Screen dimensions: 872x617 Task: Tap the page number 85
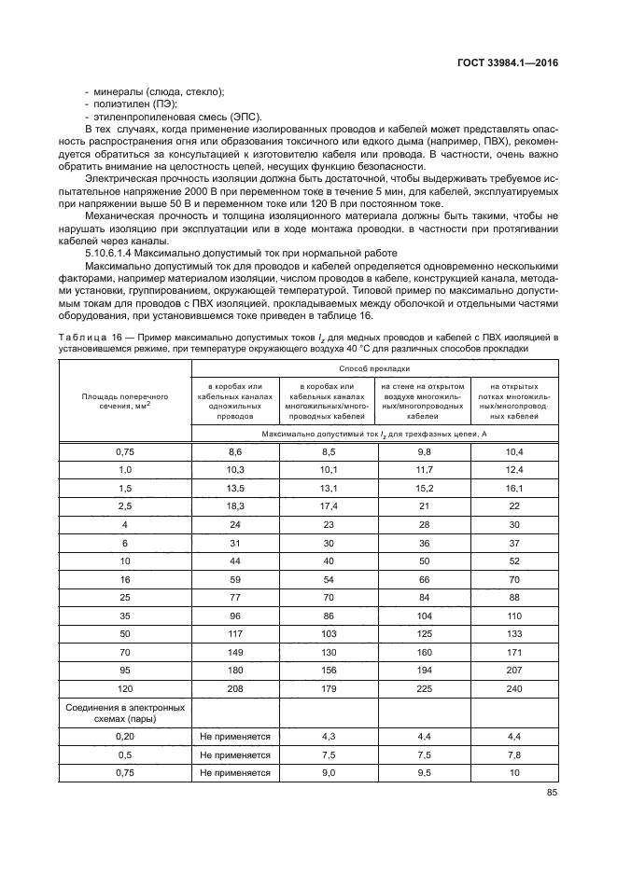pyautogui.click(x=550, y=795)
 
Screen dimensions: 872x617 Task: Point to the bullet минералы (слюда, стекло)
pyautogui.click(x=158, y=90)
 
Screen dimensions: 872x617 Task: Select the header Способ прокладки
pyautogui.click(x=374, y=368)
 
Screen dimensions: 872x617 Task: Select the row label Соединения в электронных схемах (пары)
pyautogui.click(x=125, y=713)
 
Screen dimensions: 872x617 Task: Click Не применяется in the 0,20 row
pyautogui.click(x=235, y=737)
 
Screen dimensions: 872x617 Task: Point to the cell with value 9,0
pyautogui.click(x=328, y=772)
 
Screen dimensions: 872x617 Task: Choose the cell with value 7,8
pyautogui.click(x=513, y=754)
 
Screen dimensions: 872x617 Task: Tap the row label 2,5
pyautogui.click(x=125, y=505)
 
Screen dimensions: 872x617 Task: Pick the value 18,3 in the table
pyautogui.click(x=235, y=505)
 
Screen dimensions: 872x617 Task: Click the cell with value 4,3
pyautogui.click(x=328, y=737)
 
